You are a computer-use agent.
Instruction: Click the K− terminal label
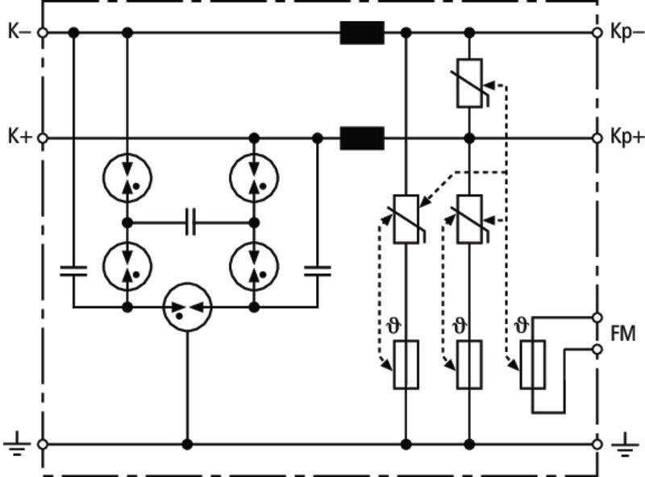(x=19, y=31)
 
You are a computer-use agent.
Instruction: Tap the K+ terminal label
(x=20, y=136)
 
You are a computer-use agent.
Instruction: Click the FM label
(x=623, y=334)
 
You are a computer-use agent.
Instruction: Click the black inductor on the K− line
(x=362, y=33)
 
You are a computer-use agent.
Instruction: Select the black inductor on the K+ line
(x=362, y=138)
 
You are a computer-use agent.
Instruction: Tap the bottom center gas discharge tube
(x=188, y=307)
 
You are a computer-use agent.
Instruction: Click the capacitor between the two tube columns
(x=190, y=222)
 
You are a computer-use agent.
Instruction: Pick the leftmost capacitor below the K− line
(x=73, y=271)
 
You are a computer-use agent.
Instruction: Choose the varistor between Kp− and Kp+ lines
(x=470, y=84)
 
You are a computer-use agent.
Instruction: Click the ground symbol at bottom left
(x=17, y=445)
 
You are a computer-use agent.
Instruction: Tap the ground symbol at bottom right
(x=626, y=445)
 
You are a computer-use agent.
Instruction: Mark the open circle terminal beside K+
(x=43, y=138)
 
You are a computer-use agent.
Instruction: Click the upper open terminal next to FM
(x=597, y=317)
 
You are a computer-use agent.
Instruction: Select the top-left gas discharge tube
(x=127, y=177)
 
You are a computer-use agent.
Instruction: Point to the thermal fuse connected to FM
(x=533, y=364)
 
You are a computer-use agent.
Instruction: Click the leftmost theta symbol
(x=394, y=326)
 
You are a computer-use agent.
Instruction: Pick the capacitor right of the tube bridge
(x=317, y=271)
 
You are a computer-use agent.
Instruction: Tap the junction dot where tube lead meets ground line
(x=188, y=445)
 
